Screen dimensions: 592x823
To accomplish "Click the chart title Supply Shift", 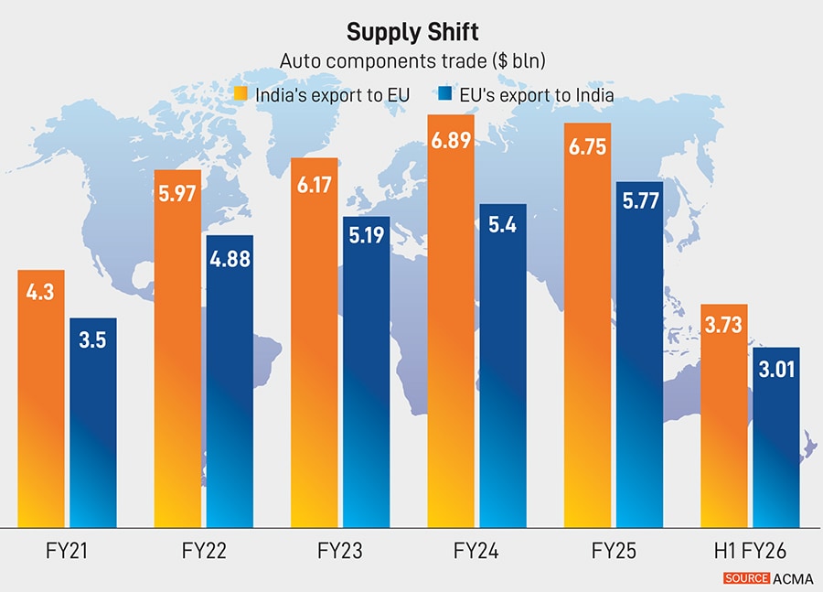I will click(411, 34).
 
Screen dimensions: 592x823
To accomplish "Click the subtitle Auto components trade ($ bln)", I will click(411, 62).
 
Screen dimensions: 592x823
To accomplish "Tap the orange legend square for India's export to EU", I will click(241, 93).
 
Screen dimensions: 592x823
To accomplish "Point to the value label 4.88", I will click(230, 260).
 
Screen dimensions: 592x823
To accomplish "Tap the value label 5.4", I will click(503, 223).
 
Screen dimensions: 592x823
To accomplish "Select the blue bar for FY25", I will click(639, 366).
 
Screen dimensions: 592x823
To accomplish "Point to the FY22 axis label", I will click(204, 552).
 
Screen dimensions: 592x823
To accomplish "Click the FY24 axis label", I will click(476, 552).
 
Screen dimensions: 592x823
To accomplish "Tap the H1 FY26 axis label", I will click(750, 552).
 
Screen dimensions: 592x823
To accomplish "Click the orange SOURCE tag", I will click(746, 578).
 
